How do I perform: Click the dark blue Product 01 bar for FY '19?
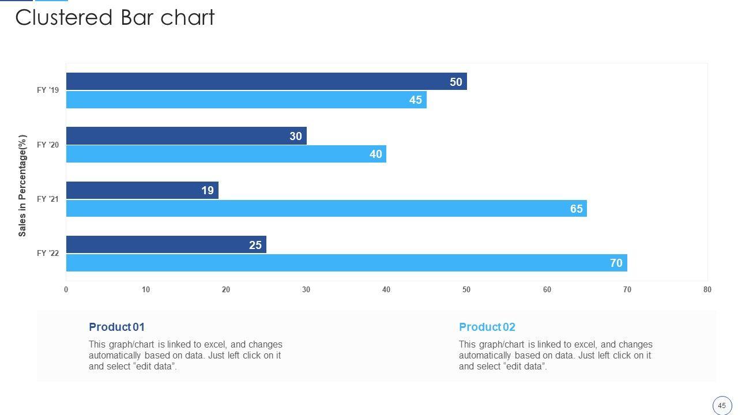tap(265, 81)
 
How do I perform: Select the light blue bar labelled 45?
tap(246, 100)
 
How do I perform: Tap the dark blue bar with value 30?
tap(186, 136)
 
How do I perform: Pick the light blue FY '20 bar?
tap(226, 154)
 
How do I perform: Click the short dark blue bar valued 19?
tap(142, 190)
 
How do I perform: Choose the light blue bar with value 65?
tap(326, 209)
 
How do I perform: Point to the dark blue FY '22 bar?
tap(165, 244)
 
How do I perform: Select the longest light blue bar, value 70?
tap(346, 263)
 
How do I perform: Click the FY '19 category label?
tap(48, 90)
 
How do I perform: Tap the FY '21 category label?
tap(48, 199)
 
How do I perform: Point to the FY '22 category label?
tap(48, 253)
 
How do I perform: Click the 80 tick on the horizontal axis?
tap(707, 290)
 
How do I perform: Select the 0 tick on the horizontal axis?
tap(66, 290)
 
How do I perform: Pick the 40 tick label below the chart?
tap(386, 290)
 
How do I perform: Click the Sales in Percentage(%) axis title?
tap(22, 186)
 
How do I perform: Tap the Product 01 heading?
tap(116, 327)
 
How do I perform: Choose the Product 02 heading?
tap(487, 327)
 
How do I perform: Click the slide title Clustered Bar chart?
tap(115, 18)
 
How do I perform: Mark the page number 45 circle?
tap(722, 405)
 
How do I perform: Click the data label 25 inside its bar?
tap(255, 245)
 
